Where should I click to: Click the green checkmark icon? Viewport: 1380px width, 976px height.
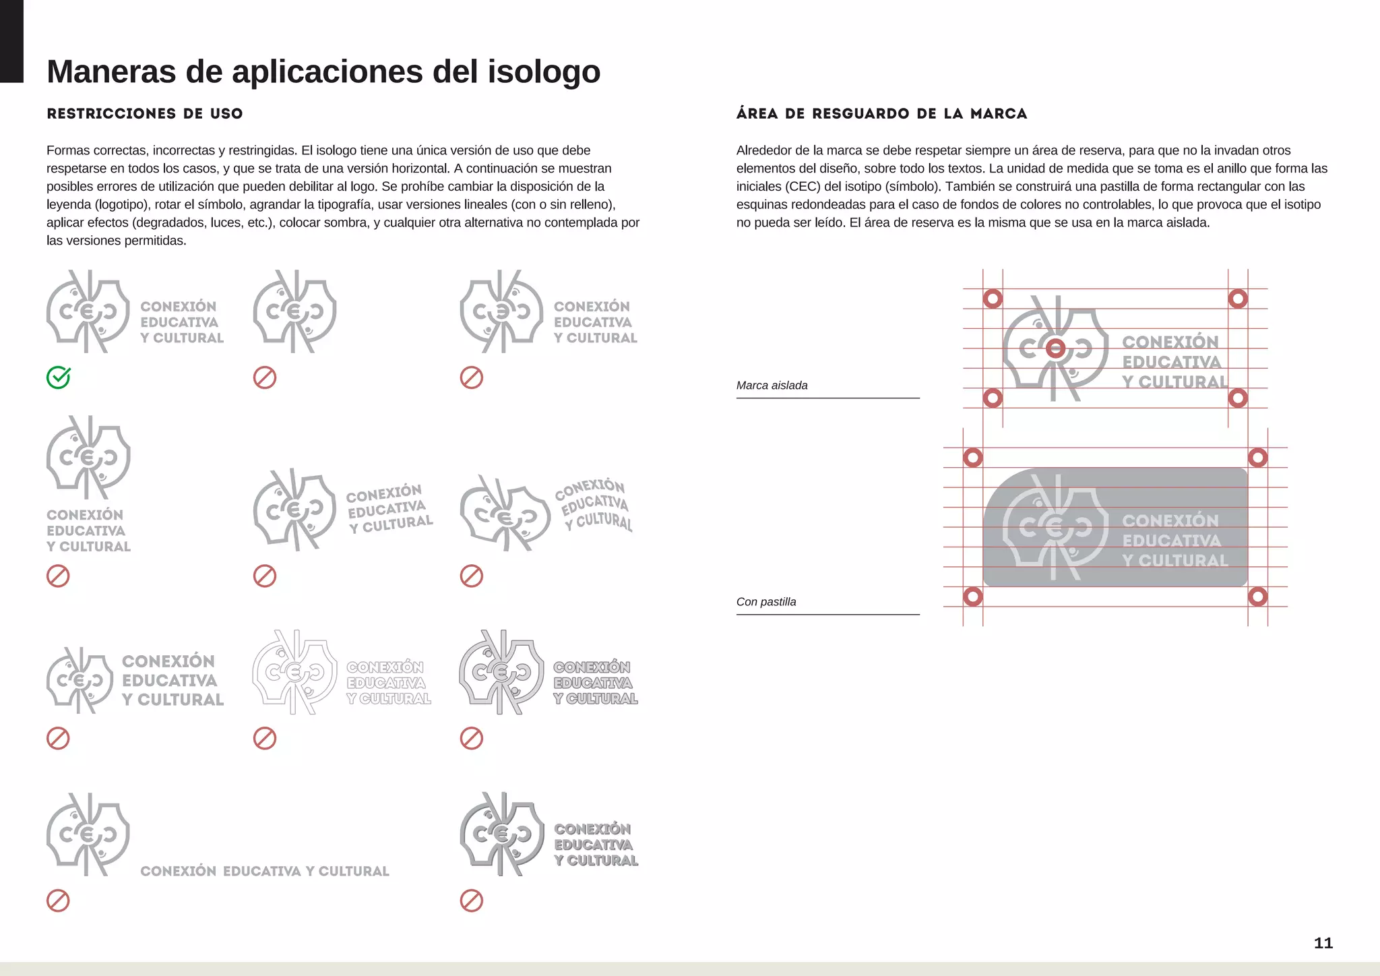tap(59, 377)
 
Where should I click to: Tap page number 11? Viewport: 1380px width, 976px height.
tap(1323, 943)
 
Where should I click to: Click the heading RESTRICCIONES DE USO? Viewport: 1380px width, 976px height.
tap(144, 113)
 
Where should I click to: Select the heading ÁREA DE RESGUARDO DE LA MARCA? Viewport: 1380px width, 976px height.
tap(881, 113)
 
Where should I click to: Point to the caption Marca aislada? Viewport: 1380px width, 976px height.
tap(772, 386)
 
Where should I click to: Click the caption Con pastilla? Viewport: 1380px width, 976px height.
tap(765, 602)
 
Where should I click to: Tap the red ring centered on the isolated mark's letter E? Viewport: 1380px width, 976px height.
tap(1055, 348)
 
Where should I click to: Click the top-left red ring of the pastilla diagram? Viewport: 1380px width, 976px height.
tap(972, 458)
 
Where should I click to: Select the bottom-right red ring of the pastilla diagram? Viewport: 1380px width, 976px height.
tap(1257, 597)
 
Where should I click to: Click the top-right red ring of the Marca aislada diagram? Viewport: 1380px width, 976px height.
tap(1238, 299)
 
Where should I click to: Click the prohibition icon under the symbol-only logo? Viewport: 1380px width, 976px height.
tap(265, 377)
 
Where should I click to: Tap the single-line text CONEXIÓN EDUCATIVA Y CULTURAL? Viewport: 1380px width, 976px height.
tap(265, 871)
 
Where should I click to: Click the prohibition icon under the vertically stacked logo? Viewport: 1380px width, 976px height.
tap(58, 576)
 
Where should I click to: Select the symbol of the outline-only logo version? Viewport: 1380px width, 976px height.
tap(294, 672)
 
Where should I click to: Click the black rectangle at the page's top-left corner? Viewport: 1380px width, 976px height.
tap(11, 40)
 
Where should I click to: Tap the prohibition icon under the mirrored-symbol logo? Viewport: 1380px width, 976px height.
tap(471, 377)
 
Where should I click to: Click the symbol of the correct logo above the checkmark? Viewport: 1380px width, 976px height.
tap(88, 311)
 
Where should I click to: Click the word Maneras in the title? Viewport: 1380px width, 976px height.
tap(111, 71)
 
